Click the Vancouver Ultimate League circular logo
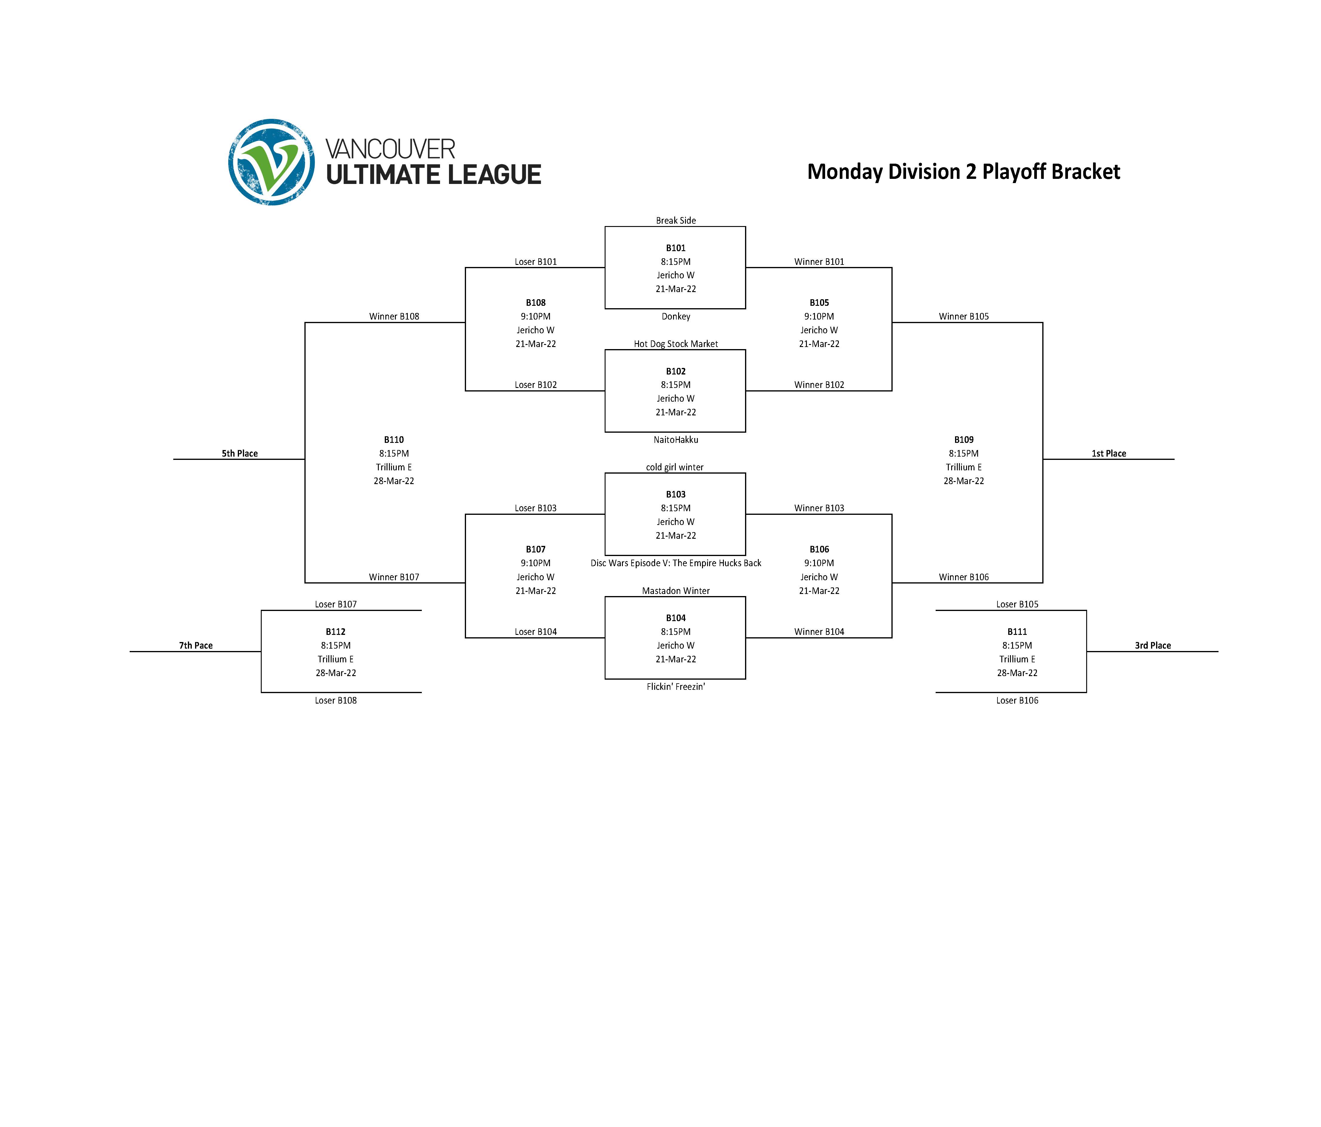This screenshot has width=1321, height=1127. [x=272, y=162]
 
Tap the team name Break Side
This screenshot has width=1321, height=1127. [x=676, y=221]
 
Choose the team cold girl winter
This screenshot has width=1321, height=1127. [x=675, y=467]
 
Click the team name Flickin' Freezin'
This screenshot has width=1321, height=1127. [x=676, y=687]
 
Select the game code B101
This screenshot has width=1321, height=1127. [x=676, y=248]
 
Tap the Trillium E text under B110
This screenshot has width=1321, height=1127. [x=394, y=467]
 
